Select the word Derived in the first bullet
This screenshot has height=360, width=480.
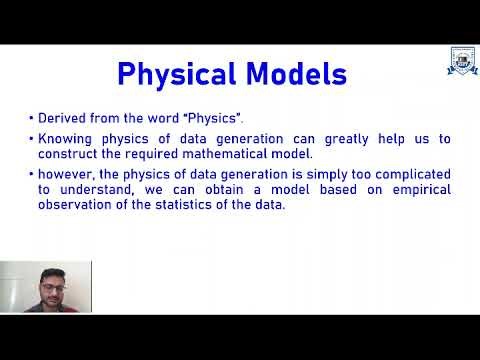[x=61, y=118]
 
